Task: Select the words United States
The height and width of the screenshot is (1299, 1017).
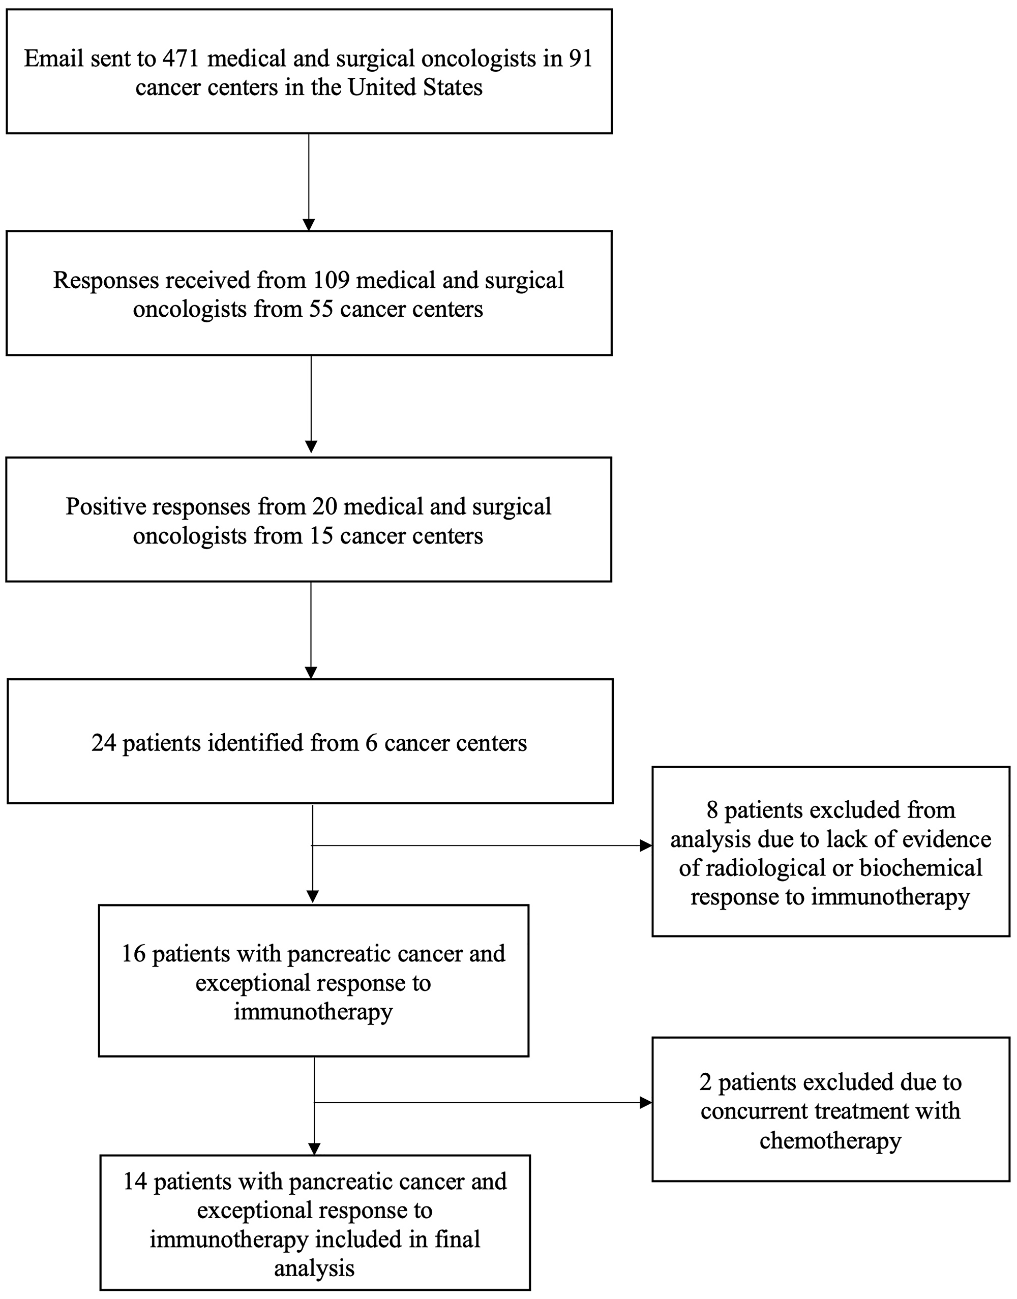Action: tap(415, 87)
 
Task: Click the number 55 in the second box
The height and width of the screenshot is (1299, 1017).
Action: tap(321, 309)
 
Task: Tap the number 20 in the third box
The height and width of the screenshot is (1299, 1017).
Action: tap(324, 506)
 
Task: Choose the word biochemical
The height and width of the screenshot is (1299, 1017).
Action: tap(921, 868)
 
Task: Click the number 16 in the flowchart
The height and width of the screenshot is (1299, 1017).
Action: tap(134, 953)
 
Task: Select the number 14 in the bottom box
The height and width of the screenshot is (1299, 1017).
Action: tap(135, 1181)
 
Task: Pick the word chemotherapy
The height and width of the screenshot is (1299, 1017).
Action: tap(830, 1141)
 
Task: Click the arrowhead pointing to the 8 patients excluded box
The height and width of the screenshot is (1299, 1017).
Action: tap(646, 845)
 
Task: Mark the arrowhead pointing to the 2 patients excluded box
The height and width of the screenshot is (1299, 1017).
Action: tap(646, 1103)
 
